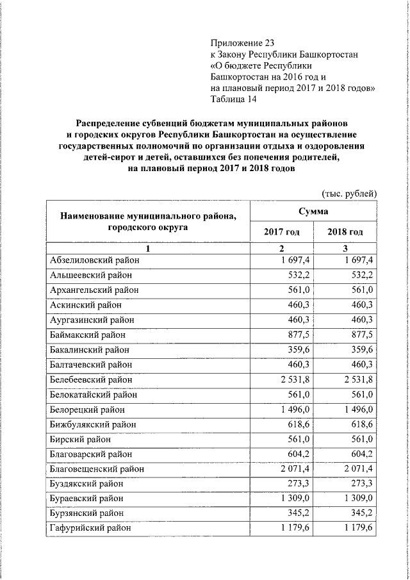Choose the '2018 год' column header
(x=345, y=232)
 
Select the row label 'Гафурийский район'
(x=90, y=528)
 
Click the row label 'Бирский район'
(x=80, y=439)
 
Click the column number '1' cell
(x=147, y=248)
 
